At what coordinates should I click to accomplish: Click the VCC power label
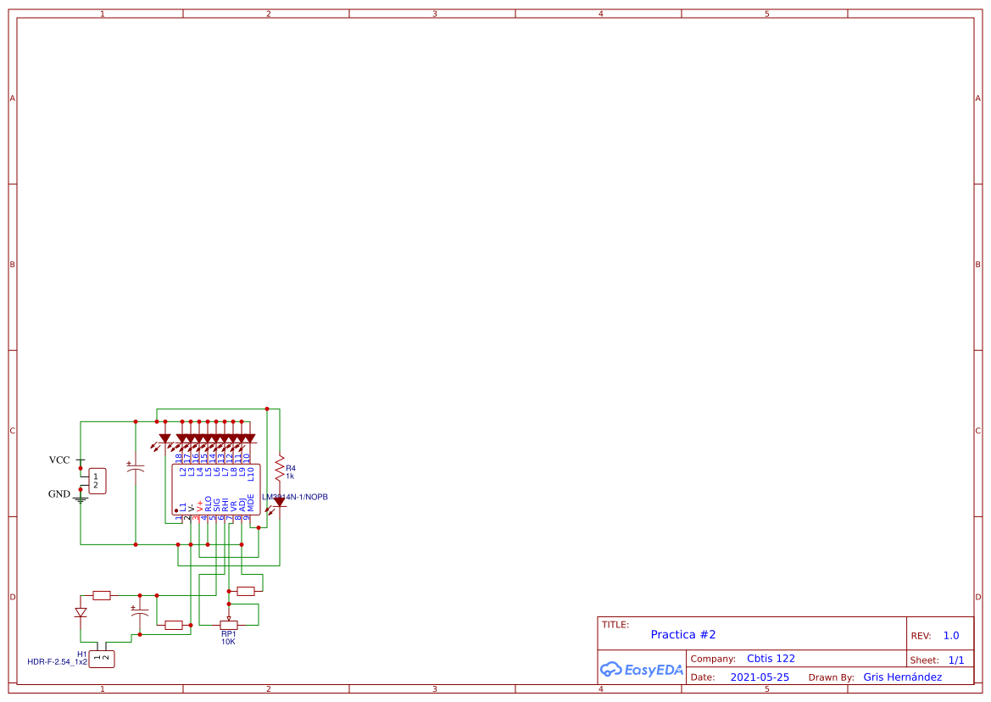pos(59,460)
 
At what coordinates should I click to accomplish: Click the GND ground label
pos(59,493)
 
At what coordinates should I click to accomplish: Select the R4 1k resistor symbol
pos(279,467)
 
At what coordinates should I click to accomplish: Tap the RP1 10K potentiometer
pos(228,625)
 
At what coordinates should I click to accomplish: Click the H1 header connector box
pos(101,658)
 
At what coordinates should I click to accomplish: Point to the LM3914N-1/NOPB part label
pos(295,496)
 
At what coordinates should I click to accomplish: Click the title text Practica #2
pos(683,634)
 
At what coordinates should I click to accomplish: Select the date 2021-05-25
pos(760,677)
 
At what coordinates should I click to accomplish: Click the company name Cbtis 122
pos(771,658)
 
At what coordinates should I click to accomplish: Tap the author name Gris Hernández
pos(902,677)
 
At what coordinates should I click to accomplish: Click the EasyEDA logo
pos(642,670)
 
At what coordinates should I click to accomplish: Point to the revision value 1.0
pos(950,635)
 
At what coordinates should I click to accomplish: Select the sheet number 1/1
pos(955,660)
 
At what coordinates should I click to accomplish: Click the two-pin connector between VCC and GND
pos(97,481)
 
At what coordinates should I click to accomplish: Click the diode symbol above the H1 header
pos(81,611)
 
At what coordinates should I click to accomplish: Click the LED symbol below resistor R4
pos(279,503)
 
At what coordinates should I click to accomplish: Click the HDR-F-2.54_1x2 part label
pos(58,661)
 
